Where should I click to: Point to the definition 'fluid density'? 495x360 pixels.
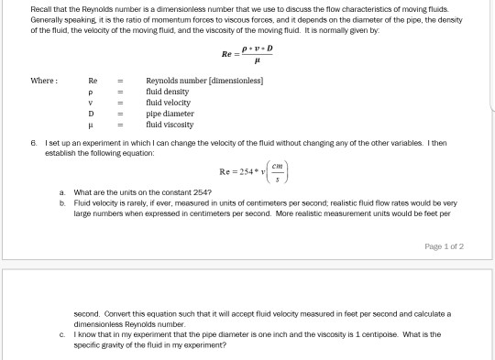(x=169, y=93)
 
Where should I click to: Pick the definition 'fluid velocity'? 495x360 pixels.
(x=170, y=103)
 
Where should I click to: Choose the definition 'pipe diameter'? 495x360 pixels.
(x=171, y=113)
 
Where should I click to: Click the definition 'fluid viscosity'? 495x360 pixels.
(x=171, y=123)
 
